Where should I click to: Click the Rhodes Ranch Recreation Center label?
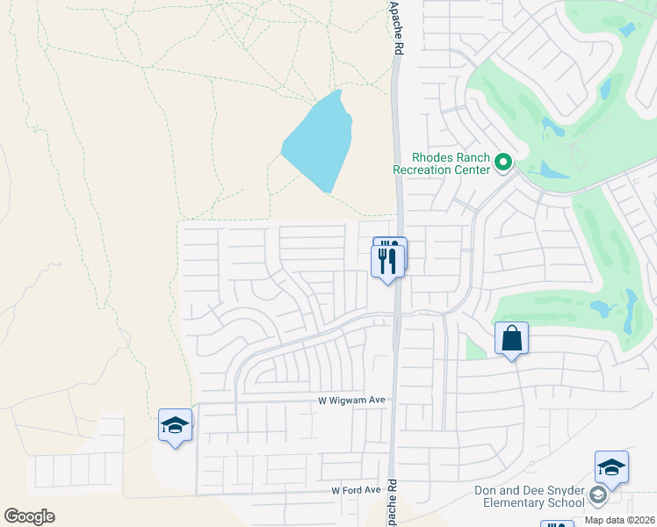tap(441, 162)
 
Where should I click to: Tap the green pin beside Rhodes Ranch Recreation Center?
tap(503, 162)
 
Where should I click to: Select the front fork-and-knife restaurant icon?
tap(386, 260)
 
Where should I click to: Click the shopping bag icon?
tap(511, 338)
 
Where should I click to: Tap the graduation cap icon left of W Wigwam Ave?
tap(175, 426)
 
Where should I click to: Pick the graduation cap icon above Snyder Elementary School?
tap(611, 468)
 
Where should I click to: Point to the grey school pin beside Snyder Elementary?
tap(598, 496)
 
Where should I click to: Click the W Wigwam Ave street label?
tap(352, 401)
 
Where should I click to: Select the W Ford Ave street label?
tap(356, 490)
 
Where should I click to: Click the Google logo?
tap(29, 516)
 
